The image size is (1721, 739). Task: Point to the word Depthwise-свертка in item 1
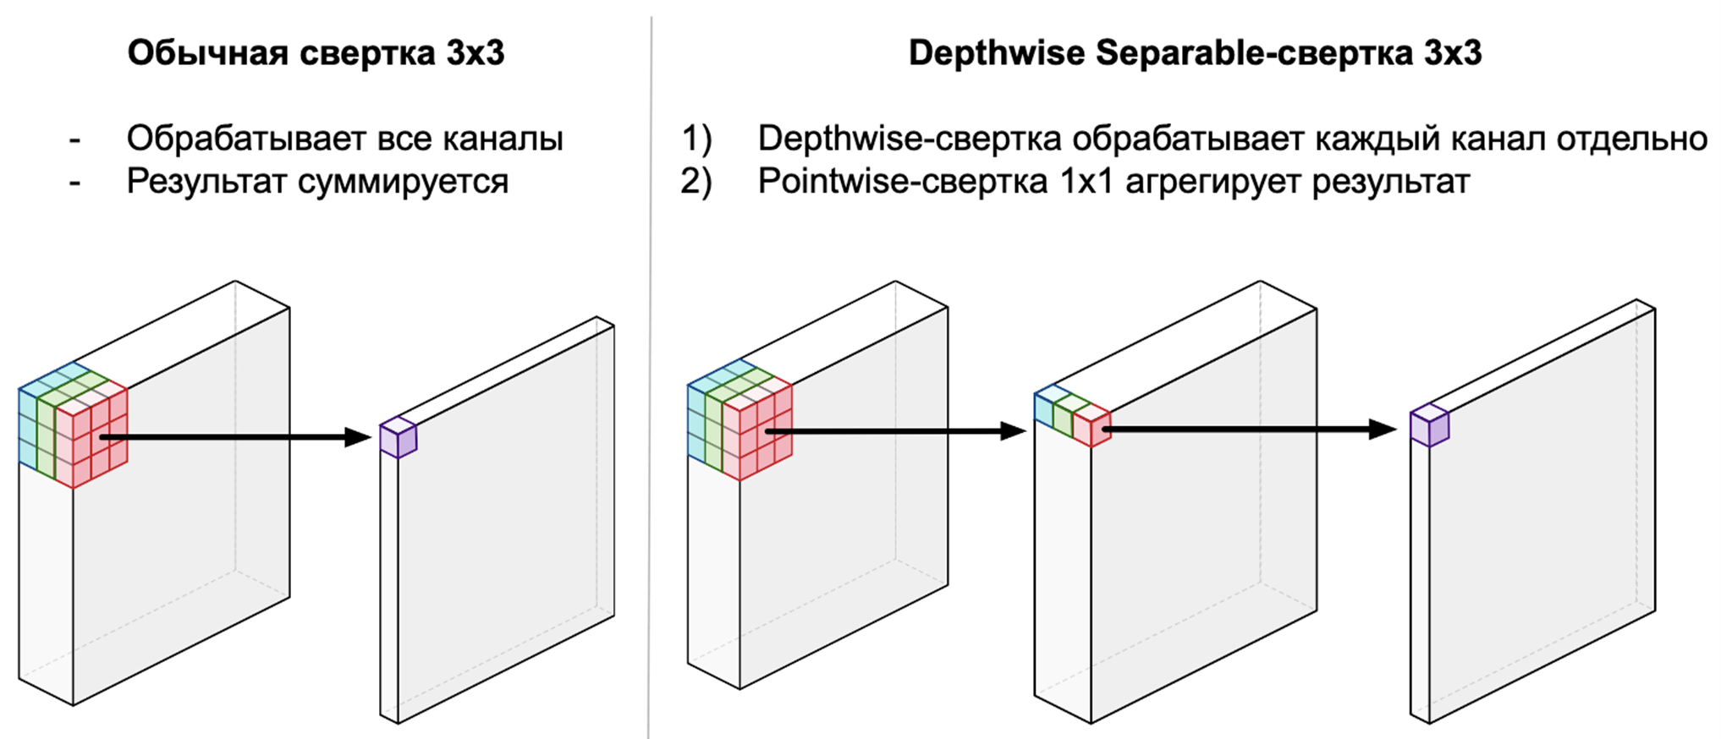[x=910, y=139]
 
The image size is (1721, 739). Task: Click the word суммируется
[x=403, y=182]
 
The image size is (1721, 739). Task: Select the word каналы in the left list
[x=507, y=139]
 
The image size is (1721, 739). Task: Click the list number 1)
[x=697, y=139]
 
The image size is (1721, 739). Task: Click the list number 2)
[x=697, y=182]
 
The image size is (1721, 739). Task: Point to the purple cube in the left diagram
[x=398, y=438]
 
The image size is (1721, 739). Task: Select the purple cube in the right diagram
[x=1429, y=426]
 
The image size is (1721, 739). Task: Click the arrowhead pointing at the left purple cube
[x=360, y=437]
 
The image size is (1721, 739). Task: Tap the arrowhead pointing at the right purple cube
[x=1383, y=430]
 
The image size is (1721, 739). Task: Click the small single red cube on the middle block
[x=1091, y=425]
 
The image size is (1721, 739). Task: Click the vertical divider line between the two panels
[x=650, y=380]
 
